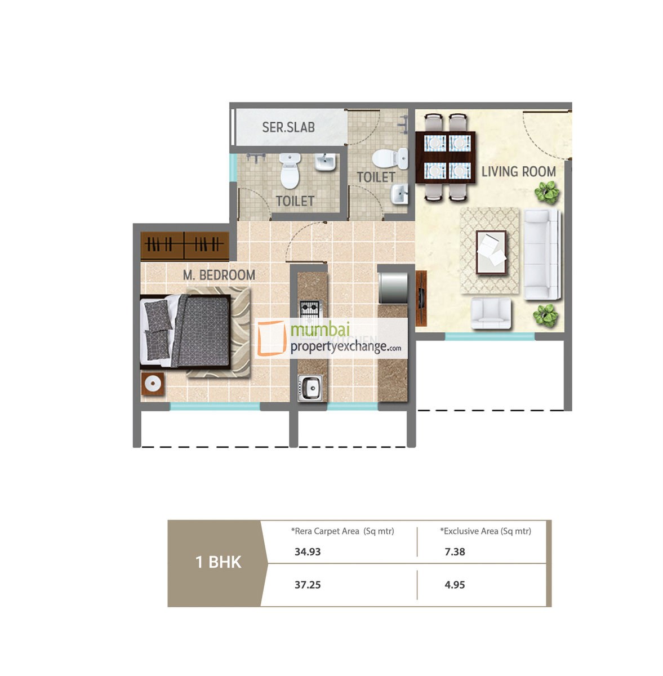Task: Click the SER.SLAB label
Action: (x=288, y=127)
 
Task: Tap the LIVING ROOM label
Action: (x=518, y=172)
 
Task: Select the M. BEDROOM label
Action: (x=219, y=275)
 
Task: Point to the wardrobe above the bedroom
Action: (x=185, y=246)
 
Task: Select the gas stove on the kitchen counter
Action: (x=309, y=309)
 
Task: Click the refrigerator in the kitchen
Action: (x=393, y=287)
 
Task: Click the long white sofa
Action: (x=542, y=254)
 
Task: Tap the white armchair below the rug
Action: (x=491, y=313)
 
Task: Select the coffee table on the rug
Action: (x=491, y=252)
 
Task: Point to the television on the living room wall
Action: (x=421, y=290)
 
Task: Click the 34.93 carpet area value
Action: (x=308, y=552)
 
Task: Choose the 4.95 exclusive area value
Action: (x=455, y=585)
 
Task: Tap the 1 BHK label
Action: (x=218, y=562)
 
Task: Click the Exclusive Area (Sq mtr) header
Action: (x=486, y=531)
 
